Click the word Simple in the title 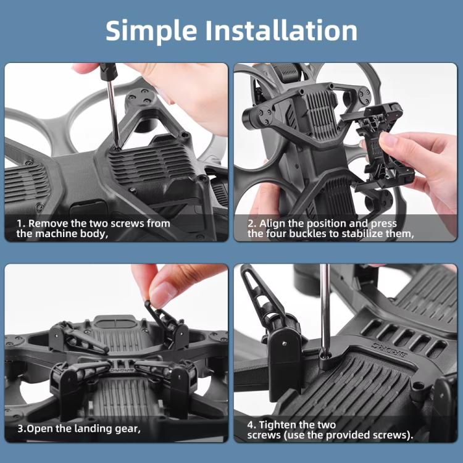(x=151, y=30)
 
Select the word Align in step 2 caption (x=272, y=223)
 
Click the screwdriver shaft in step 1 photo (x=110, y=111)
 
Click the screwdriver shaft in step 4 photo (x=324, y=309)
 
